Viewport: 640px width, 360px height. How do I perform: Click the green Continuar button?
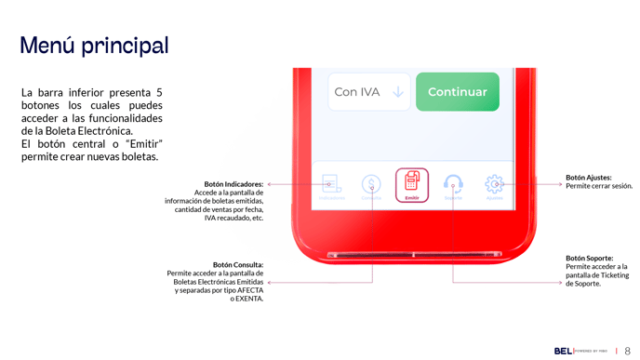[x=457, y=92]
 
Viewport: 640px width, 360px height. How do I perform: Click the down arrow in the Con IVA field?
[x=397, y=92]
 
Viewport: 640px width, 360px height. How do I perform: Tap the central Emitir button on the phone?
[x=412, y=184]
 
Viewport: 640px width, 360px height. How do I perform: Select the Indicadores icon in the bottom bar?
[x=331, y=185]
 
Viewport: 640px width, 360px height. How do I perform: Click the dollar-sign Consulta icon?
[x=371, y=185]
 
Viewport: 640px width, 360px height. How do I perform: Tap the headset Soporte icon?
[x=453, y=184]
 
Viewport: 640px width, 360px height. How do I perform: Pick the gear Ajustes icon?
[x=494, y=184]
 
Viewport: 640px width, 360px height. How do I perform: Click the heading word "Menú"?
[x=47, y=46]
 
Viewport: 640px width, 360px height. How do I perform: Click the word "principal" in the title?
[x=125, y=46]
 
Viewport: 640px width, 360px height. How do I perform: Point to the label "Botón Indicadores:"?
[x=233, y=184]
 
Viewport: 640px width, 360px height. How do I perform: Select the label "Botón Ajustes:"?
[x=589, y=178]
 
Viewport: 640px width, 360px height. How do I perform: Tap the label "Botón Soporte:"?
[x=590, y=258]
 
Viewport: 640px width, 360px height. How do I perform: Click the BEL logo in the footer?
[x=563, y=351]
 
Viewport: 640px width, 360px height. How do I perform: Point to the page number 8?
[x=628, y=351]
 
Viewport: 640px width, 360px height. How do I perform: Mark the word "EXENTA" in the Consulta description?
[x=249, y=299]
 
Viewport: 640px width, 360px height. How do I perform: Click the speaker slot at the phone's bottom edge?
[x=414, y=254]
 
